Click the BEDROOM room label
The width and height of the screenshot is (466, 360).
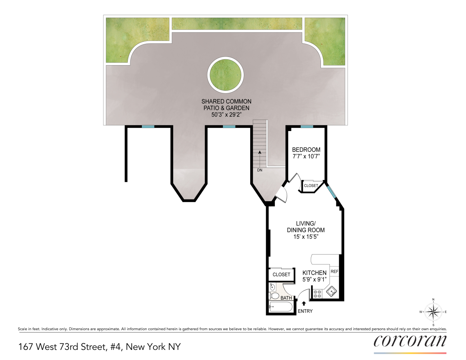pos(306,150)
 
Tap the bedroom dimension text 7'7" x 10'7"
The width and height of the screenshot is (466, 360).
pos(306,157)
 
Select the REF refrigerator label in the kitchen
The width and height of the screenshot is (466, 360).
pos(335,271)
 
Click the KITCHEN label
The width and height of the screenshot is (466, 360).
pos(314,273)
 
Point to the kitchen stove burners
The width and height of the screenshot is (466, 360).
pos(317,294)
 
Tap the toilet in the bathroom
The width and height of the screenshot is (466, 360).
pos(275,296)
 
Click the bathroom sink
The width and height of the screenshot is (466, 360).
pos(273,287)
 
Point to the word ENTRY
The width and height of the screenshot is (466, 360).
pos(305,311)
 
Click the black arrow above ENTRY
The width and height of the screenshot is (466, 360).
pos(304,303)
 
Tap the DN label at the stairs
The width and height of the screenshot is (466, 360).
pos(260,170)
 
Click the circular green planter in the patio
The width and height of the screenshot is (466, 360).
pos(225,75)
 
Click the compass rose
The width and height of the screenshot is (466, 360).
pos(433,312)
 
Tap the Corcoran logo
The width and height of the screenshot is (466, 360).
pos(410,341)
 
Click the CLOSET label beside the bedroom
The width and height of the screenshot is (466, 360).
pos(311,186)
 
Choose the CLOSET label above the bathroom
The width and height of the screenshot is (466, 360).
pos(281,275)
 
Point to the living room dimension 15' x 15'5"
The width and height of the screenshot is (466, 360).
pos(306,237)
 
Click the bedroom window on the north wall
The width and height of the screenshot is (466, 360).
pos(307,126)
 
